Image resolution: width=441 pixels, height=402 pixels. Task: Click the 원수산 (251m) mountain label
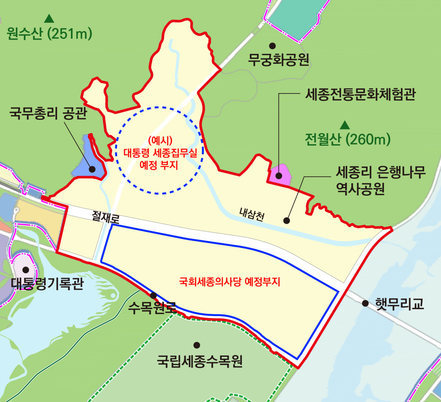tap(49, 34)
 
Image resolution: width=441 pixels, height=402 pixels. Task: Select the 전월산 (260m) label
tap(347, 139)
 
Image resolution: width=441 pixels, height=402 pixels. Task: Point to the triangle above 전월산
tap(344, 125)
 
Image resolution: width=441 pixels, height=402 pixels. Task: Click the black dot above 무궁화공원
tap(272, 46)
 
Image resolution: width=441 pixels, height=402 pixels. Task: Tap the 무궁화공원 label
tap(279, 60)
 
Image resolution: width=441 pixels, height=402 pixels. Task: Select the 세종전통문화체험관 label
tap(360, 94)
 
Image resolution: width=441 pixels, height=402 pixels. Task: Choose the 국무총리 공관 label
tap(48, 113)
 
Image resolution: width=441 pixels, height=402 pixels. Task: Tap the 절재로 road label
tap(106, 217)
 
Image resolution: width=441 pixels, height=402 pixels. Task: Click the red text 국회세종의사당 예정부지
tap(229, 282)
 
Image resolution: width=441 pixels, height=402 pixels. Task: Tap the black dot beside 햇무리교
tap(365, 303)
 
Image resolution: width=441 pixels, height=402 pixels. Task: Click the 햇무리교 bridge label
tap(399, 304)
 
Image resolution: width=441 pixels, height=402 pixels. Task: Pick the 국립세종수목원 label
tap(200, 361)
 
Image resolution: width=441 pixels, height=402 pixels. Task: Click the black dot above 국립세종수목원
tap(197, 345)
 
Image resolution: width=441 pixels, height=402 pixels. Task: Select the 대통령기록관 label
tap(47, 284)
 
